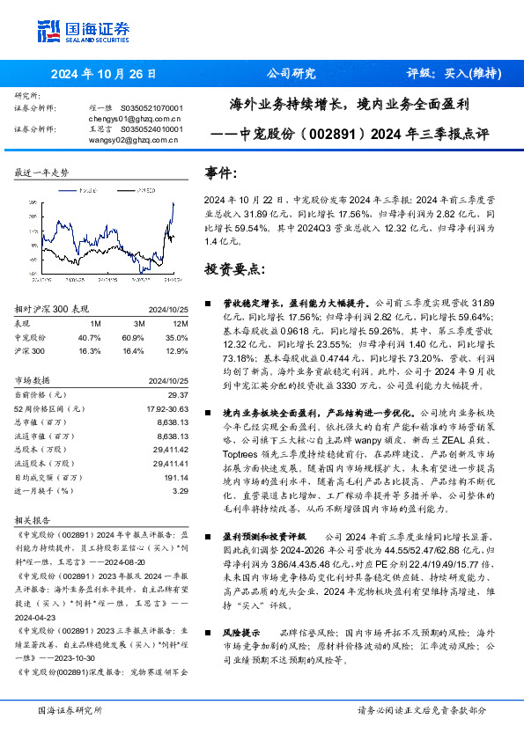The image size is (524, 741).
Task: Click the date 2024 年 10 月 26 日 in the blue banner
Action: pos(104,74)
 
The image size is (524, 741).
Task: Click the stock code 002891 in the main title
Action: pos(333,136)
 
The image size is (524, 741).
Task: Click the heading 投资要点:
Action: pos(231,268)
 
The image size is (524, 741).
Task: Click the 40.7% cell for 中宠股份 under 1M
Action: pos(90,337)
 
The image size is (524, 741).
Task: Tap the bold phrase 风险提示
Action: pos(240,633)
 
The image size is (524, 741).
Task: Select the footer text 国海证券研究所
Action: pos(70,710)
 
